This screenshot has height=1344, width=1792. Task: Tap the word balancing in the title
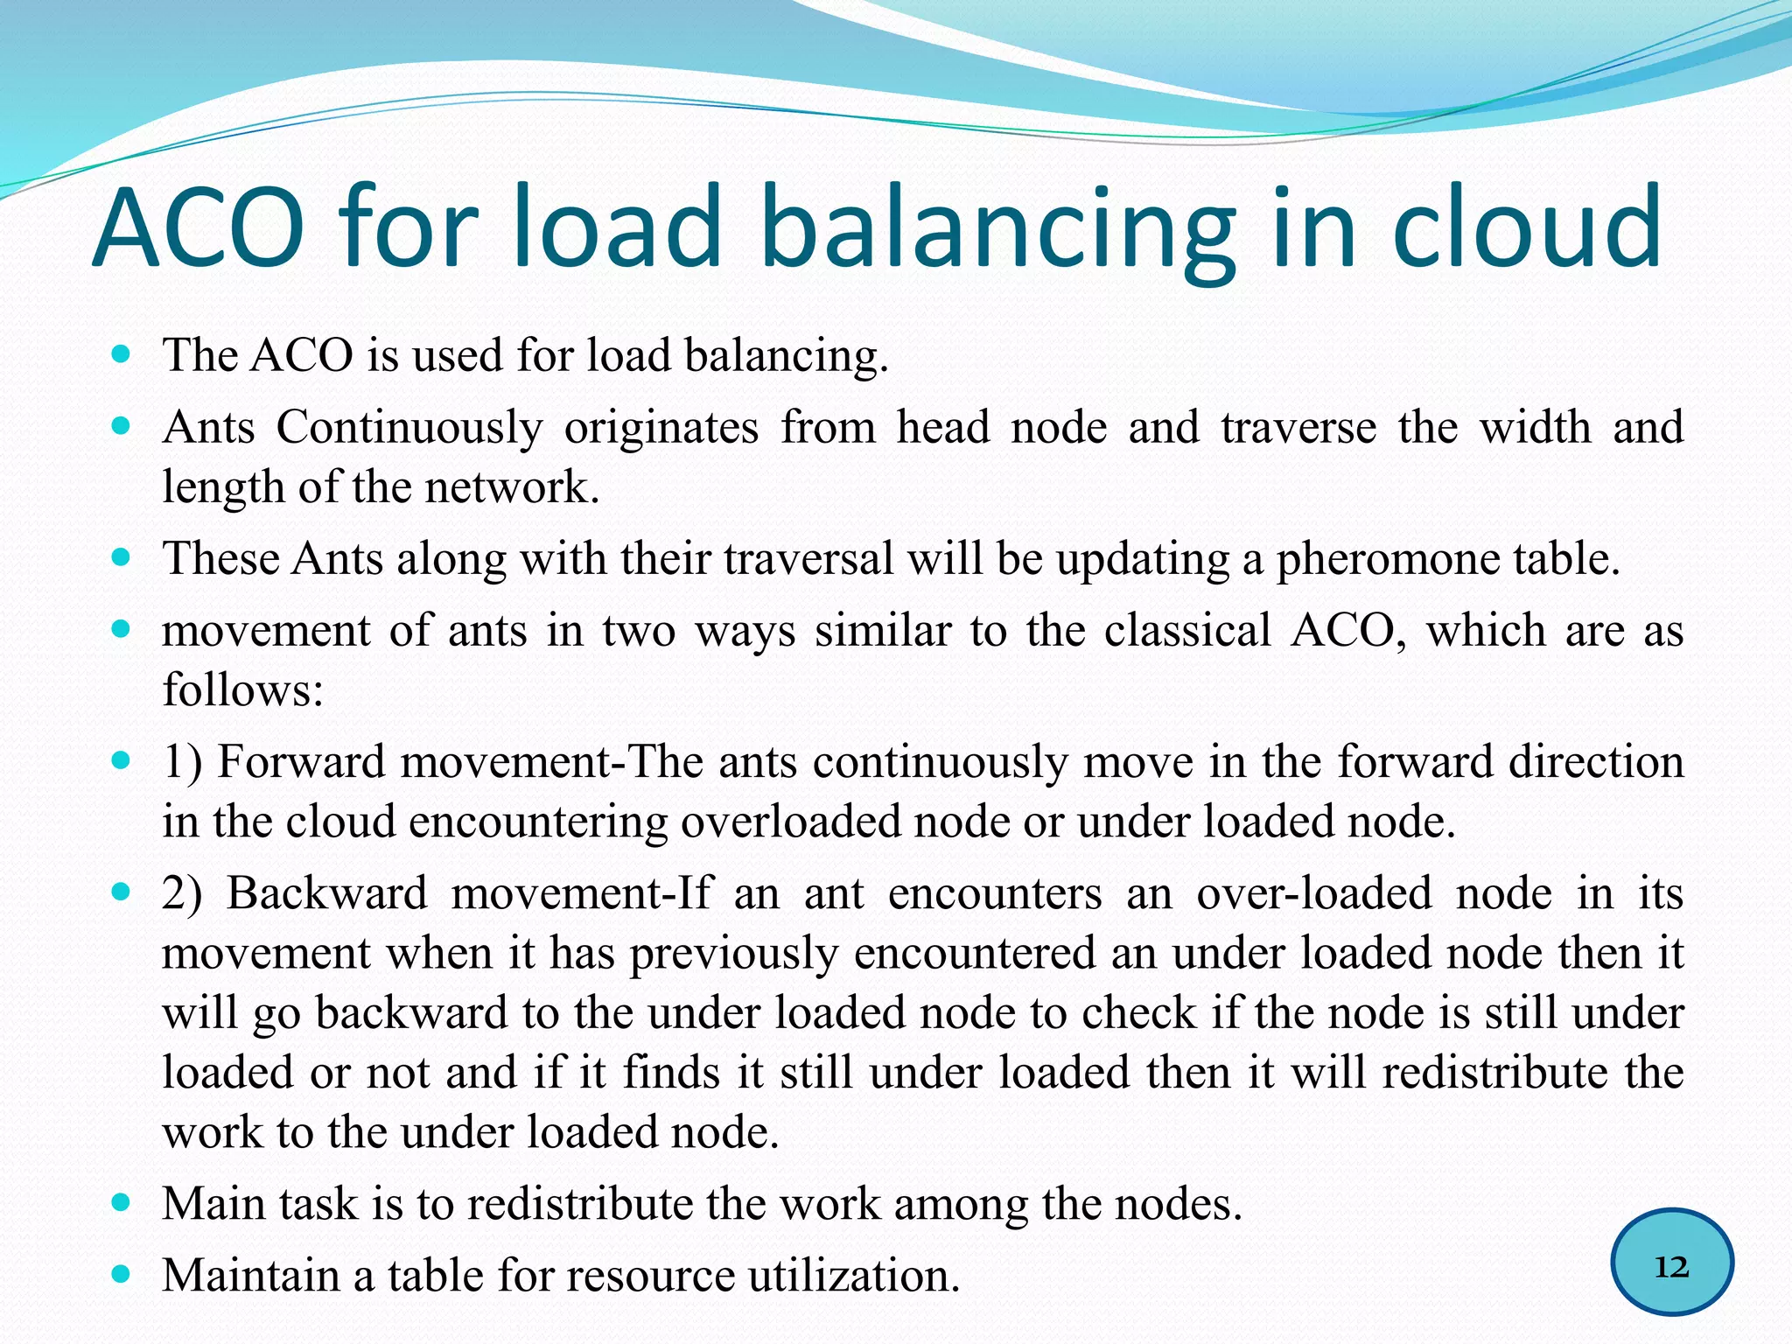[x=997, y=229]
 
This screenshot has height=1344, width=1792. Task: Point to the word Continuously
[x=409, y=429]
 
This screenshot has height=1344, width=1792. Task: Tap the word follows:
[x=243, y=691]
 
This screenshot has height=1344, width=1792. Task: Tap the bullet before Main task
[x=122, y=1203]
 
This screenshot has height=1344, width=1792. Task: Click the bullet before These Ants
[x=122, y=557]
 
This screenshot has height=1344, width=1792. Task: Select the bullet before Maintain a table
[x=122, y=1274]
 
